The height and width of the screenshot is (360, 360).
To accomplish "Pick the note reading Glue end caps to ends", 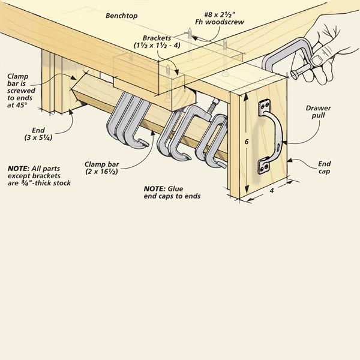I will click(x=172, y=192).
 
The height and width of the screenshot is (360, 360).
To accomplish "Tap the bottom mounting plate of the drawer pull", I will click(x=265, y=166).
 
